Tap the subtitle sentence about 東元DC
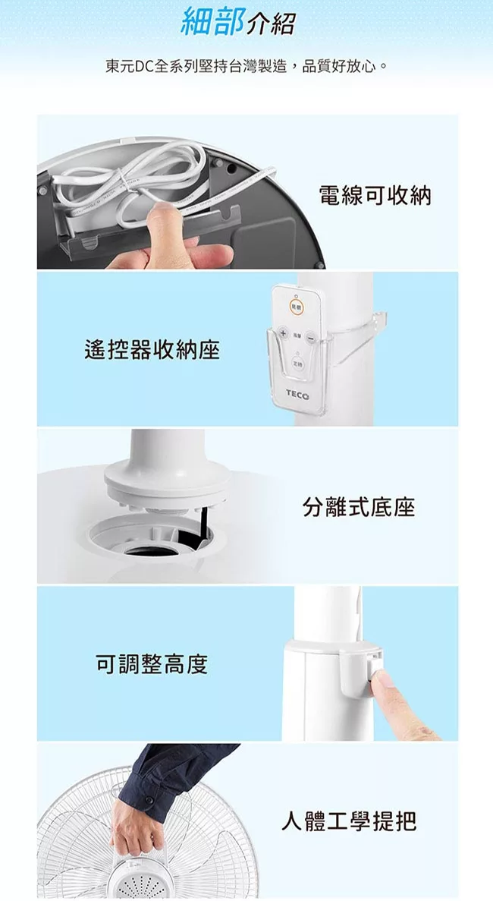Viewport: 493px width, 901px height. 246,67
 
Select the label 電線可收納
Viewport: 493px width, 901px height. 375,196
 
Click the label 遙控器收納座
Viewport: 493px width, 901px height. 152,349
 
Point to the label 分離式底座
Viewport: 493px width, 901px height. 359,507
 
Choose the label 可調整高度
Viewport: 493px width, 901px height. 152,664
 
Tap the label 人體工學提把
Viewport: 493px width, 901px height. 348,821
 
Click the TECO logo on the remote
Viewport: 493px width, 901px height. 297,395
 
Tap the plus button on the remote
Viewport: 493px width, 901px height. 283,334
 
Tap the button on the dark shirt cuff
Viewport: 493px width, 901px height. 149,800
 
